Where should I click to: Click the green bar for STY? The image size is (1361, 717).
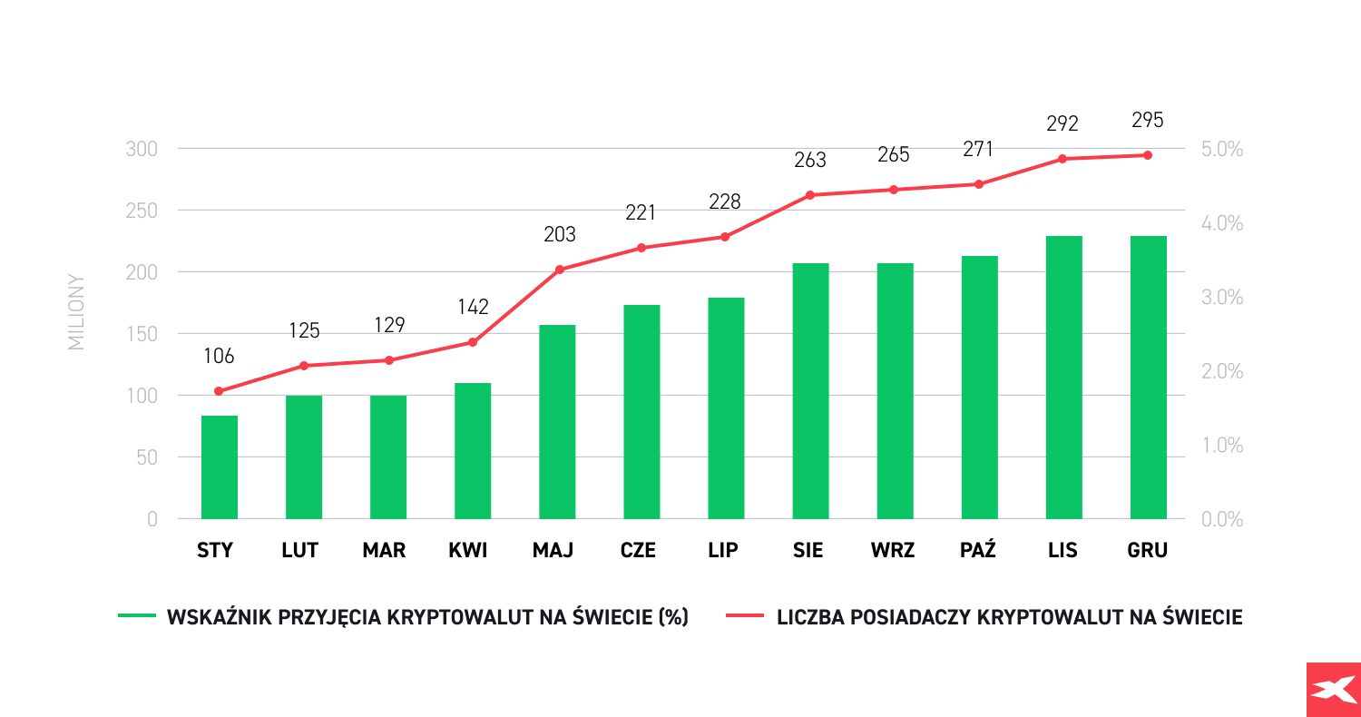[219, 467]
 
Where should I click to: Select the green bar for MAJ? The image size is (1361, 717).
[557, 422]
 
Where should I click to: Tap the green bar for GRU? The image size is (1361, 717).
[1148, 378]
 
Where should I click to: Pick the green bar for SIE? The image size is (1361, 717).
[810, 391]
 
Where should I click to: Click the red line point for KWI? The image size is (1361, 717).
[473, 342]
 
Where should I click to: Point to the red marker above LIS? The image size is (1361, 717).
[1062, 159]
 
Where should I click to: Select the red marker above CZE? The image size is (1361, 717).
[641, 248]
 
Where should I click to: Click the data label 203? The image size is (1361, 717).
[560, 235]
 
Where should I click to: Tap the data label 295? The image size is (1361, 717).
[1148, 120]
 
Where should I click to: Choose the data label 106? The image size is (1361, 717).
[219, 357]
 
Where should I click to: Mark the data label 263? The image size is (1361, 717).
[810, 161]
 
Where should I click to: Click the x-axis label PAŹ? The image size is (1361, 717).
[978, 550]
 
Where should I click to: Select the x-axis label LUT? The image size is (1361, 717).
[300, 550]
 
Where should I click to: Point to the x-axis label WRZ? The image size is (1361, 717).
[894, 550]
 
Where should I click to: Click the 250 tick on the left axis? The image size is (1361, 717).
[142, 211]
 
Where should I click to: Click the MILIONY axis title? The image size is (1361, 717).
[76, 312]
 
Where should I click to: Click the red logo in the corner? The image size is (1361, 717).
[1333, 690]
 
